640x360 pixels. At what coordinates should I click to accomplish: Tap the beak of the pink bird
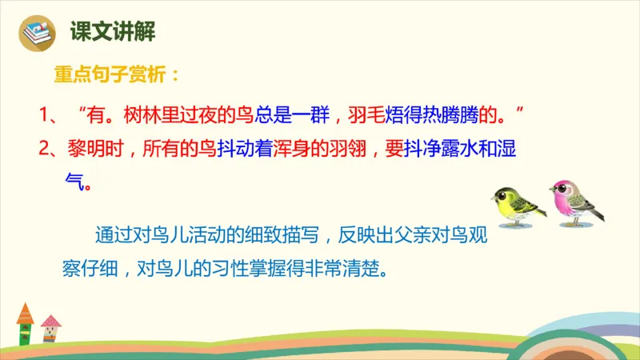point(550,193)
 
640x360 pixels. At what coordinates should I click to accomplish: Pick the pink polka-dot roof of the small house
point(50,322)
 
